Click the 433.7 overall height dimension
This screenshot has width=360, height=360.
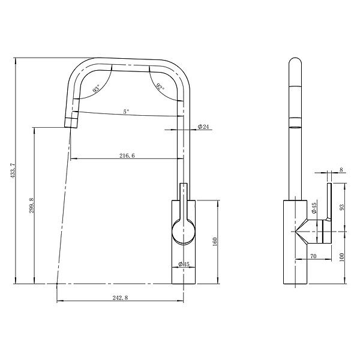[13, 170]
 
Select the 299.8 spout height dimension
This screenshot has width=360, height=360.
[31, 206]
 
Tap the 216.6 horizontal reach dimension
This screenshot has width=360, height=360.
[127, 155]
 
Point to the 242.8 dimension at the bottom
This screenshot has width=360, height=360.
[120, 298]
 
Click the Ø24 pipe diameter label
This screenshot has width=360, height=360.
[203, 126]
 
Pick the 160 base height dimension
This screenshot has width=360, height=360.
[215, 242]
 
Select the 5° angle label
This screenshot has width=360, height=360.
[126, 112]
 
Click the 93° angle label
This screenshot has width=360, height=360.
[97, 88]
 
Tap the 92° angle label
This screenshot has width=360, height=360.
[160, 87]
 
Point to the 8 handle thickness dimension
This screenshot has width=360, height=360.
[341, 170]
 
